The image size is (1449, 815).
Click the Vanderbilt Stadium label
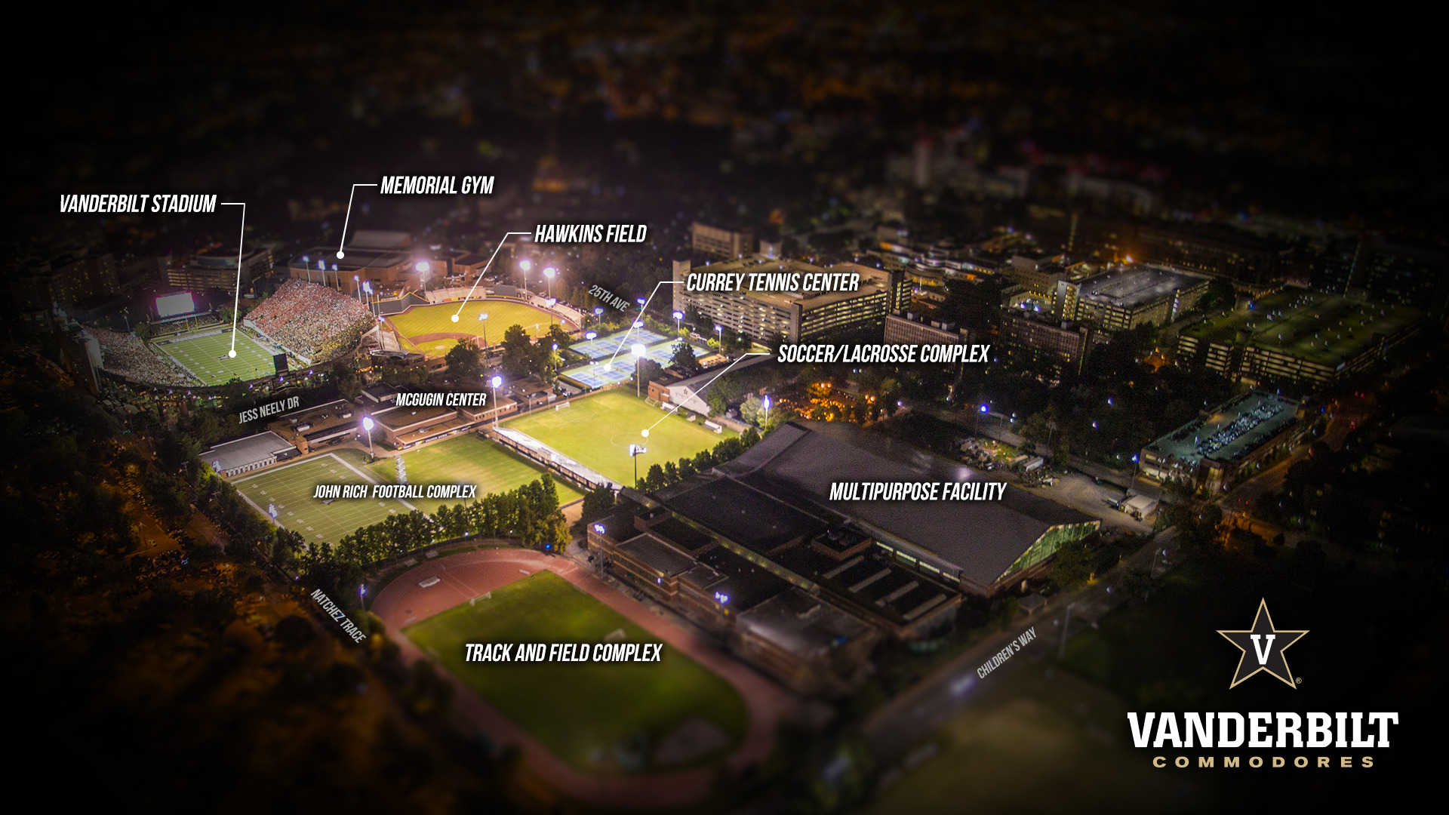138,204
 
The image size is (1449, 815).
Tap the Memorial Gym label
437,186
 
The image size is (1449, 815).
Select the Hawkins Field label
590,234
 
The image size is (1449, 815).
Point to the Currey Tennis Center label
772,283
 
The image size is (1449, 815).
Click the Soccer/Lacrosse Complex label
883,354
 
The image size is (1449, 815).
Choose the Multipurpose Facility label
917,492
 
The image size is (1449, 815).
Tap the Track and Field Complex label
563,653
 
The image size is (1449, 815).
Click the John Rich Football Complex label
395,492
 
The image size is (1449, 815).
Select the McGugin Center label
441,400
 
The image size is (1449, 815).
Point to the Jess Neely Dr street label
269,410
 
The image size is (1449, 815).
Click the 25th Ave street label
609,297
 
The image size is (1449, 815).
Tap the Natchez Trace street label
338,616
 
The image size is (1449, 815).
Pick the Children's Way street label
1006,653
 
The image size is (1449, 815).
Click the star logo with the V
1262,646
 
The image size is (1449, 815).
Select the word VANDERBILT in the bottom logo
1262,730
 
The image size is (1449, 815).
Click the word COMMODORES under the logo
1262,762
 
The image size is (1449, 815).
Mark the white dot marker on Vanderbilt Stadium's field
232,353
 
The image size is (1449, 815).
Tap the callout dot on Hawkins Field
455,318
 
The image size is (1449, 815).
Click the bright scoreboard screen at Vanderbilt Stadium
174,305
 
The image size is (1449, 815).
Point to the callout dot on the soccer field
645,433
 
